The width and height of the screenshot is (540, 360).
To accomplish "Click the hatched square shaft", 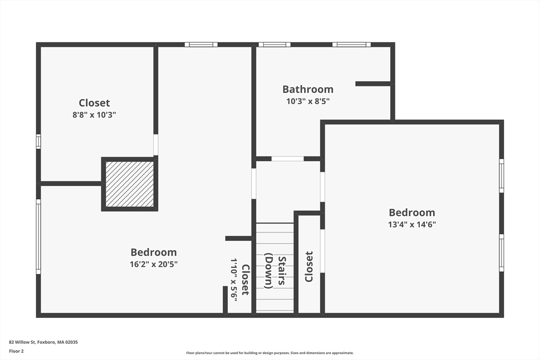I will click(130, 184).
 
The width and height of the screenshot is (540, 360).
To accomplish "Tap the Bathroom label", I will click(308, 89).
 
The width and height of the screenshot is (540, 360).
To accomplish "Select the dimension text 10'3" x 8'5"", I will click(308, 101).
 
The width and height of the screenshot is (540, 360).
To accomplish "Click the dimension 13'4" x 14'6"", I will click(412, 225).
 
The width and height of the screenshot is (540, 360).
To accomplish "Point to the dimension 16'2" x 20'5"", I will click(153, 264).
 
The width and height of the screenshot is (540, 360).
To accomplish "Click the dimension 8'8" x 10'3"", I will click(94, 114).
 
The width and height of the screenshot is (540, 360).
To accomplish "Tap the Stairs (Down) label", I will click(275, 272).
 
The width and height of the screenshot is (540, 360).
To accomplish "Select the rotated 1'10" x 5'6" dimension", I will click(234, 279).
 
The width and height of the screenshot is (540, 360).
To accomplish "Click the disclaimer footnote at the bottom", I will click(269, 353).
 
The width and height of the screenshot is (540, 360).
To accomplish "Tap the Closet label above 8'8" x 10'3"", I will click(94, 103).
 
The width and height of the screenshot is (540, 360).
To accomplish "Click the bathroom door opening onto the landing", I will click(287, 159).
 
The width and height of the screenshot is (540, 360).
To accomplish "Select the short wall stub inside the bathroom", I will click(373, 83).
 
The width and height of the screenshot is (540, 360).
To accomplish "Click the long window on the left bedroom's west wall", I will click(38, 236).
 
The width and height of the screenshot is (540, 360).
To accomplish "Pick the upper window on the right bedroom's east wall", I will click(502, 176).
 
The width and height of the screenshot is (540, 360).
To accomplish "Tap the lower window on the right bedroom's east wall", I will click(502, 252).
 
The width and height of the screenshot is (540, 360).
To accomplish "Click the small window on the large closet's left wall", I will click(38, 141).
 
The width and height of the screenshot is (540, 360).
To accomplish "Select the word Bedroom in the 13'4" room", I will click(412, 212).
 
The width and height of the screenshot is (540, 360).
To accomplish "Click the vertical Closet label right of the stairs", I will click(309, 266).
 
